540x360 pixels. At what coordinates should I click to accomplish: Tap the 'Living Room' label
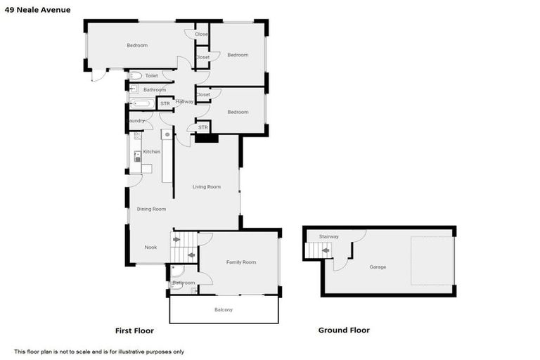click(207, 186)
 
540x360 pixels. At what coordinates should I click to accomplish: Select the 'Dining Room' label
click(151, 209)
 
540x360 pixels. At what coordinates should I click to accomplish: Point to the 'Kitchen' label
click(152, 152)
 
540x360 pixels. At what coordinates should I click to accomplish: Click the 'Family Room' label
click(240, 262)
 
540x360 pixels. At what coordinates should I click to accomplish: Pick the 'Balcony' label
click(224, 310)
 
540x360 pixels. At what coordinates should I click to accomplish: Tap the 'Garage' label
click(378, 267)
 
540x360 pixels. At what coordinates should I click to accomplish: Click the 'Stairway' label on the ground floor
click(329, 236)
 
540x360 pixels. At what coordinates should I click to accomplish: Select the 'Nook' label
click(150, 247)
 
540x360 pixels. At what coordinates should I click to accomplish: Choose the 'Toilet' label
click(152, 75)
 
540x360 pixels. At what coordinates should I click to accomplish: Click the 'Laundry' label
click(135, 121)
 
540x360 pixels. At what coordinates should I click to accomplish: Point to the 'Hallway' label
click(185, 102)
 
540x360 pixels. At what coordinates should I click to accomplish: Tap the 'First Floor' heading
click(134, 330)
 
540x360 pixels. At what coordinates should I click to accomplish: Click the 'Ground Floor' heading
click(344, 330)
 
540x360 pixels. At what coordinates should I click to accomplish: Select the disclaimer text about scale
click(99, 352)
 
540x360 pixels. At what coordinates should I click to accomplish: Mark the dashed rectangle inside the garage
click(432, 260)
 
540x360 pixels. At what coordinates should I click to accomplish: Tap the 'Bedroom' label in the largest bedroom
click(137, 46)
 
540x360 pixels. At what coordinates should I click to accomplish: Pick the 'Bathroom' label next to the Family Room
click(184, 283)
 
